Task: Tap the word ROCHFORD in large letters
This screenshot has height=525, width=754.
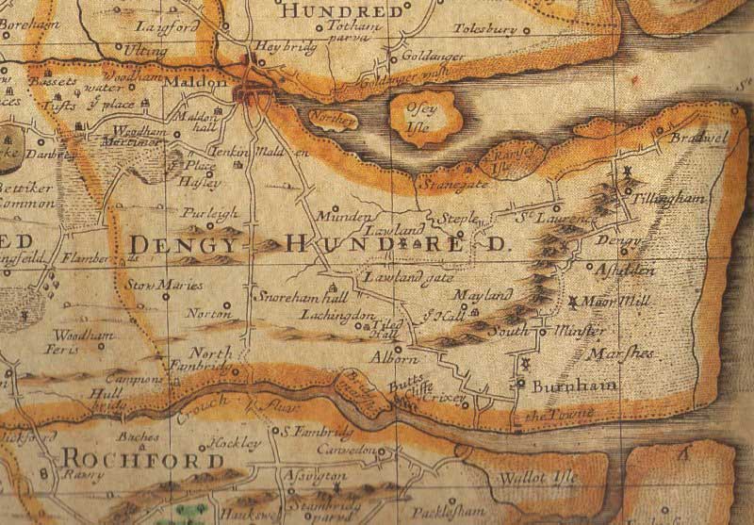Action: (x=143, y=459)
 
